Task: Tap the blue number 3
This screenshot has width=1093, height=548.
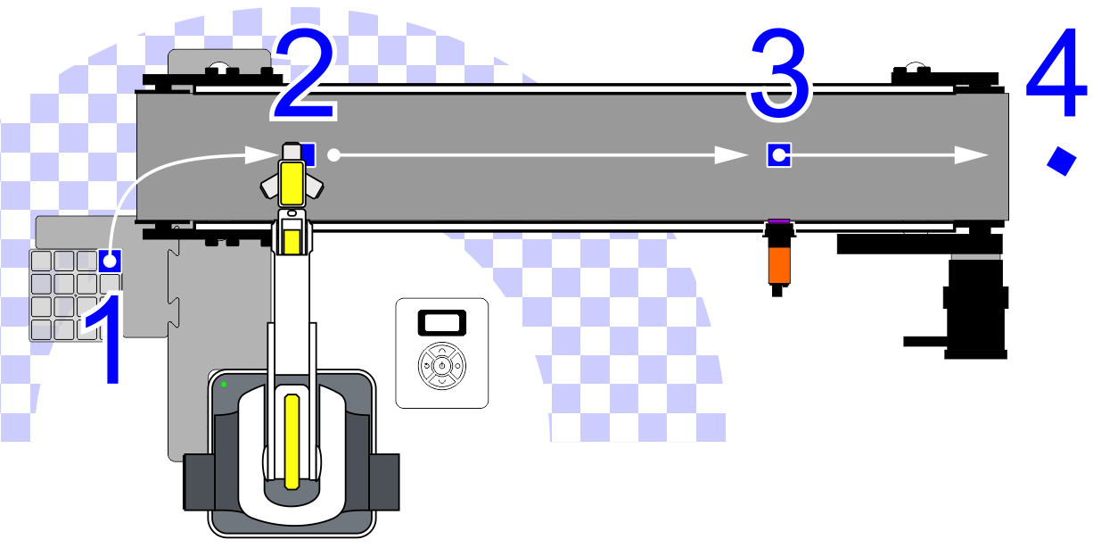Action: click(779, 73)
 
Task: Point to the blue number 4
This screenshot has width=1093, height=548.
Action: click(1056, 72)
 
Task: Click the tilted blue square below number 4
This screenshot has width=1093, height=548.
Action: click(1062, 161)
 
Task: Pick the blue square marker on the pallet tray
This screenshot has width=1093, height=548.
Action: click(110, 261)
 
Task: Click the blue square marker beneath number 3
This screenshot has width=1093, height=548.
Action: click(779, 155)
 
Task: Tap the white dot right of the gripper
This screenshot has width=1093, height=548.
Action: click(333, 155)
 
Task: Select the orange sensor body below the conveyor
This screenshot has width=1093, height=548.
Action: click(779, 265)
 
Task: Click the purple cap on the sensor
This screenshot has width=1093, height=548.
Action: click(779, 222)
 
